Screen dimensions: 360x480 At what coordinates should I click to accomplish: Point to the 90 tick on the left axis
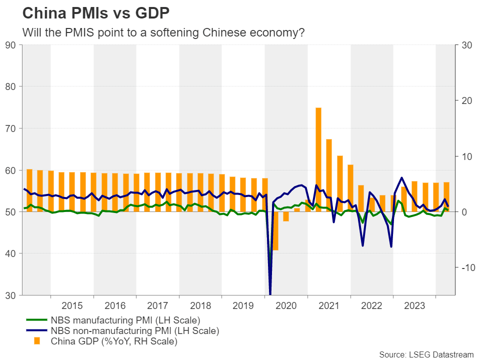click(10, 45)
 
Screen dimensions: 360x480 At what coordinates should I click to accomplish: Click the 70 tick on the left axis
click(10, 128)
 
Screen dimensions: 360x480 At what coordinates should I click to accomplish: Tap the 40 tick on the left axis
click(10, 253)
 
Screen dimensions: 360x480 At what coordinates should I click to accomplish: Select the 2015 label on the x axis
click(72, 306)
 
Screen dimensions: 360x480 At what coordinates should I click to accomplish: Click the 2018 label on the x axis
click(200, 306)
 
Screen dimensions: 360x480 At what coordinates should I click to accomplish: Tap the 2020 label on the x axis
click(286, 306)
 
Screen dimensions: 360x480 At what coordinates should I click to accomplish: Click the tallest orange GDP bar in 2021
click(318, 159)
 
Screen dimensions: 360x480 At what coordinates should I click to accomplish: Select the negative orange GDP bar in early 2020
click(275, 230)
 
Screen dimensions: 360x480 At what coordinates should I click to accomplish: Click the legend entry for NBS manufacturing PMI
click(125, 320)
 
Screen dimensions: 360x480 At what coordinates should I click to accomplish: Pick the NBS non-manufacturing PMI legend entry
click(135, 331)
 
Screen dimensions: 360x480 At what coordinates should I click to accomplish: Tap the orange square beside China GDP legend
click(36, 341)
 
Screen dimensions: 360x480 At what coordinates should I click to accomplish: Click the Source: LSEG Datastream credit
click(426, 354)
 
